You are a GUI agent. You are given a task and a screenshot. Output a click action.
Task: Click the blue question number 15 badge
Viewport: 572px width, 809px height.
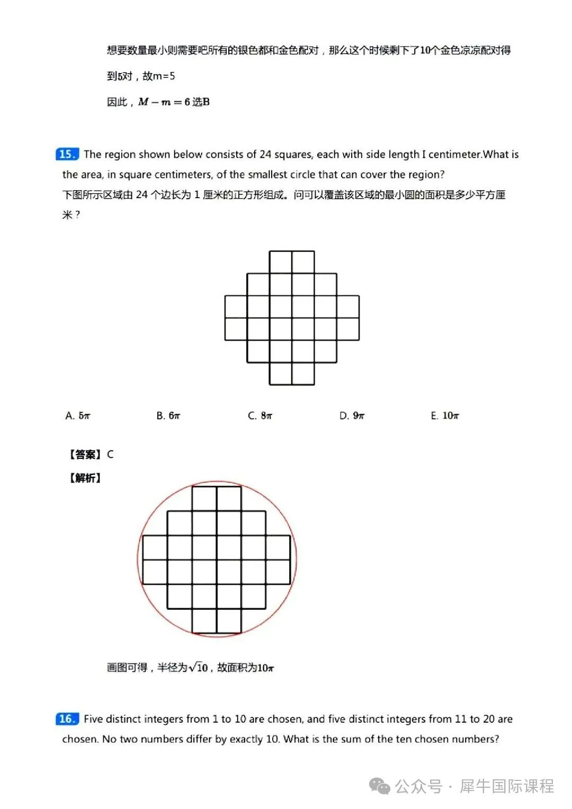[x=67, y=154]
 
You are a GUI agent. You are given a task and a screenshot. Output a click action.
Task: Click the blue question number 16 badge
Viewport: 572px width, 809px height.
[x=67, y=719]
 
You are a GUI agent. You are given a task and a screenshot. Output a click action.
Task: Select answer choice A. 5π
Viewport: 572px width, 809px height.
[x=78, y=416]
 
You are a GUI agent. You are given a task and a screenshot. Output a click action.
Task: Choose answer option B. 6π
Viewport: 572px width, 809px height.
[x=168, y=416]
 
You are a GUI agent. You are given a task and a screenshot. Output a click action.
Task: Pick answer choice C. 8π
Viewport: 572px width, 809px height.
[x=260, y=416]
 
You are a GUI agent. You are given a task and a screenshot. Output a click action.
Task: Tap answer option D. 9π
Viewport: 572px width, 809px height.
[x=352, y=416]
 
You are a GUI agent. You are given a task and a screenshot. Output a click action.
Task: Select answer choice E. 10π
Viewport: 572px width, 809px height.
[x=445, y=416]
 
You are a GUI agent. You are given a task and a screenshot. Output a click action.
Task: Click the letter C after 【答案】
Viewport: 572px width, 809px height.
[x=110, y=455]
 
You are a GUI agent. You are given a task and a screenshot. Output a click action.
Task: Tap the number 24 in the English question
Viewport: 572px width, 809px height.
[x=265, y=154]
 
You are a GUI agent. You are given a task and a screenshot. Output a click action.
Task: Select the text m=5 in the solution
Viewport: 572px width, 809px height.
[x=164, y=76]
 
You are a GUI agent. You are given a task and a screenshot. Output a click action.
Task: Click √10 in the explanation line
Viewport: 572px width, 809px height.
[x=199, y=668]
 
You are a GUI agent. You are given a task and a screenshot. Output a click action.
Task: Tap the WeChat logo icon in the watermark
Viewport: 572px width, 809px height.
[x=380, y=786]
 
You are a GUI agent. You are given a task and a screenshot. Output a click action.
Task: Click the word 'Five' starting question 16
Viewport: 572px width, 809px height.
[x=93, y=719]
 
